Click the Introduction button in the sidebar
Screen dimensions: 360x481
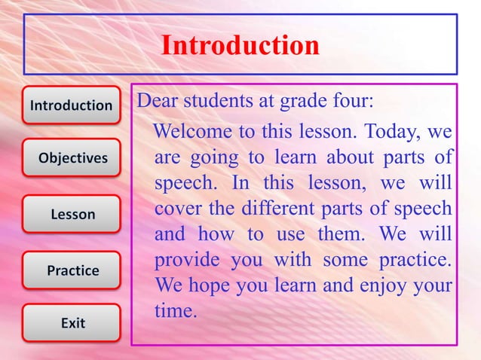click(x=71, y=105)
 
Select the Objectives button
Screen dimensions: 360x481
click(x=72, y=158)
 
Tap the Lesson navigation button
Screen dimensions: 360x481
click(x=72, y=215)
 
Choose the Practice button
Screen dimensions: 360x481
click(x=72, y=270)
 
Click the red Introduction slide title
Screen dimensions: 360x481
click(x=240, y=46)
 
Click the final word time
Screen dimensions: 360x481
click(x=175, y=310)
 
